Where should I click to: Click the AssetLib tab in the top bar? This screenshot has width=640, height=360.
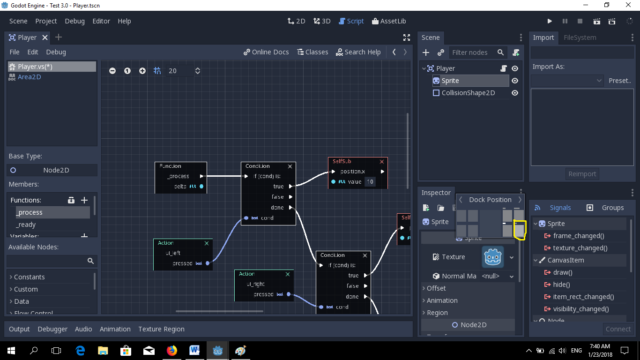click(x=389, y=21)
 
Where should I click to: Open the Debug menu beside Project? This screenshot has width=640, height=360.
click(x=74, y=21)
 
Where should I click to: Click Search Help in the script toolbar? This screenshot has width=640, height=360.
click(x=358, y=52)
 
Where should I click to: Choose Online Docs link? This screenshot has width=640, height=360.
click(x=266, y=52)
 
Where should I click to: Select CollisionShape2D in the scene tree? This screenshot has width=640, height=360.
click(x=468, y=93)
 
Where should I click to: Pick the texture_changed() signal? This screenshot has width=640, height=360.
click(x=580, y=248)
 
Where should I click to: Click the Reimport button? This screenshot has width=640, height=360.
click(x=582, y=174)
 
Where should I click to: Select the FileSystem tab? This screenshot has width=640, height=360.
click(x=580, y=37)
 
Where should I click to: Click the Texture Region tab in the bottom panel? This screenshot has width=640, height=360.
click(x=161, y=329)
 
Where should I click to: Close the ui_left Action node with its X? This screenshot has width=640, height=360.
click(x=207, y=243)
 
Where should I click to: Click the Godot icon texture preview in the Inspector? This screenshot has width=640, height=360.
click(x=493, y=257)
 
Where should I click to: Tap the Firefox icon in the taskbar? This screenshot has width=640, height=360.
click(x=172, y=350)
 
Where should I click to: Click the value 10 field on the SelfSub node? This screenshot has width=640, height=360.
click(x=370, y=181)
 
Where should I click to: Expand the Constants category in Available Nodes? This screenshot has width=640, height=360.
click(x=29, y=277)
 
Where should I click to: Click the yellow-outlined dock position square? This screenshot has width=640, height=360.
click(x=519, y=230)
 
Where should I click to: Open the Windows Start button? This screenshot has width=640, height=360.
click(x=11, y=350)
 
